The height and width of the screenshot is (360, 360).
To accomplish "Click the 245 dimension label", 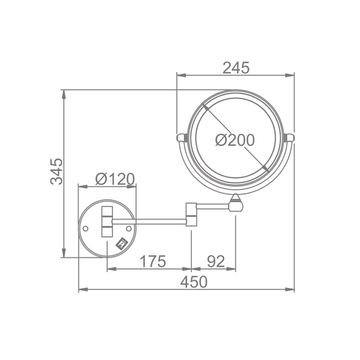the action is tap(236, 68).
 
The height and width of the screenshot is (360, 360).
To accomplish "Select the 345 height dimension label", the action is tap(56, 171).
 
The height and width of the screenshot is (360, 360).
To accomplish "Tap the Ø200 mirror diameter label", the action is tap(235, 140).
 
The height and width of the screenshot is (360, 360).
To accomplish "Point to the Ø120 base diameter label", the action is tap(115, 179).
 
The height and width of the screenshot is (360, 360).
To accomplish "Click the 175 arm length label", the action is tap(152, 261).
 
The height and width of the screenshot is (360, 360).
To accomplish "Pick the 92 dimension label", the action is tap(216, 261).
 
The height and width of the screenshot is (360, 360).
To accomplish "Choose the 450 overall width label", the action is tap(194, 282).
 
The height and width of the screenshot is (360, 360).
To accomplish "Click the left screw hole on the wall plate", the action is tap(85, 229).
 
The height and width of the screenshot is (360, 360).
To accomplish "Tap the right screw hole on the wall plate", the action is tap(129, 229).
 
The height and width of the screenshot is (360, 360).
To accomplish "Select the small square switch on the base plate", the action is tap(122, 244).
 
